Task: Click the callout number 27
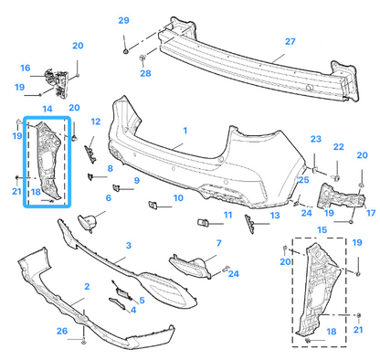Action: [290, 41]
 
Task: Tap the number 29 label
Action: [123, 20]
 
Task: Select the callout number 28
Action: [145, 73]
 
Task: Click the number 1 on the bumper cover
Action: [185, 131]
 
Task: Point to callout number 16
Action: [26, 68]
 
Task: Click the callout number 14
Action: [47, 109]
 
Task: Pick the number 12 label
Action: [96, 122]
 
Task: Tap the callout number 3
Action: [129, 245]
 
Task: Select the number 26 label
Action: [62, 331]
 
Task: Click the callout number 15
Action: [322, 230]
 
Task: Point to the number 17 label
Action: [371, 213]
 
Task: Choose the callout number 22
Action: [339, 147]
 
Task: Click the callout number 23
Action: [316, 139]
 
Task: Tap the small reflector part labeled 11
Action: [203, 223]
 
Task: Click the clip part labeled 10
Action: [153, 205]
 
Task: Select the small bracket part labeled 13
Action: [249, 224]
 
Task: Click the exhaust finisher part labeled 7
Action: [191, 267]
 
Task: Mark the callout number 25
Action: [303, 180]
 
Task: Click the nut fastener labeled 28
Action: [142, 57]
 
